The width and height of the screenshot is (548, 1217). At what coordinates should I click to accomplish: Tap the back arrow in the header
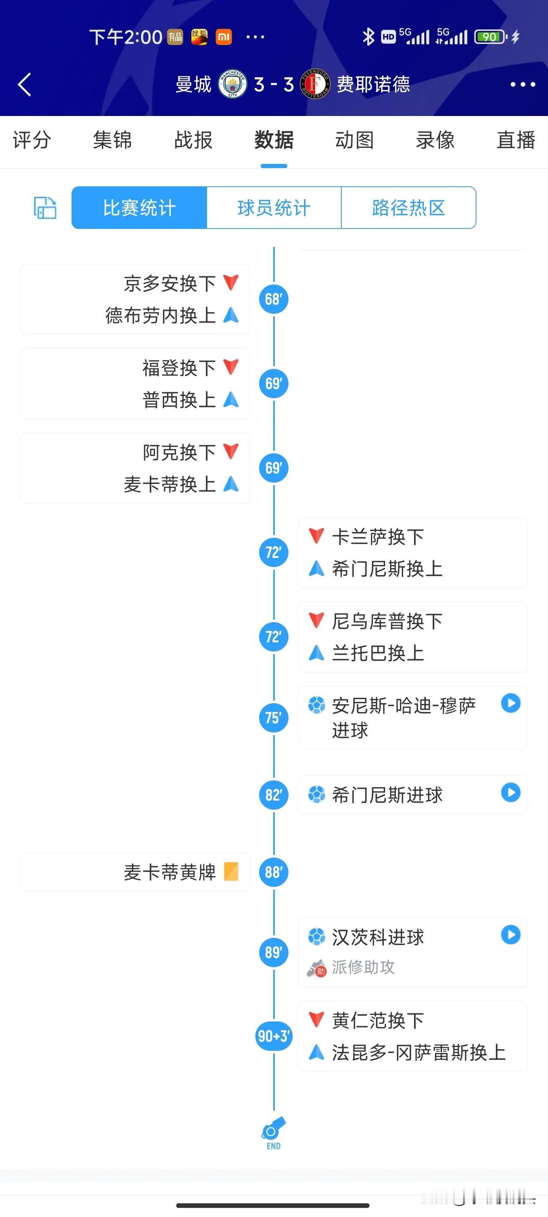[x=24, y=85]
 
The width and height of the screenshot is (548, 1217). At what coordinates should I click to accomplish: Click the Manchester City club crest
[x=232, y=85]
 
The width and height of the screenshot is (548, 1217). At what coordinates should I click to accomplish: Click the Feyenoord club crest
[x=316, y=85]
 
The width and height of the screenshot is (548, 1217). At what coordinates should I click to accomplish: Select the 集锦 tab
[x=113, y=140]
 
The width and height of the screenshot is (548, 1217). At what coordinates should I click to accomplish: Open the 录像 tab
[x=435, y=140]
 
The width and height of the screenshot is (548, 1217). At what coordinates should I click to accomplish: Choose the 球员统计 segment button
[x=274, y=208]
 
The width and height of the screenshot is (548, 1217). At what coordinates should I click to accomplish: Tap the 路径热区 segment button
[x=408, y=208]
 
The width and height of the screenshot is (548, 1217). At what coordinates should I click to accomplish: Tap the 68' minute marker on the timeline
[x=274, y=299]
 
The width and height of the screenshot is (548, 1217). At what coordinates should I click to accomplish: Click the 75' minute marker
[x=274, y=718]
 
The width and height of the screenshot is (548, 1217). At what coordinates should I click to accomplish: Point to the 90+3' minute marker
[x=274, y=1036]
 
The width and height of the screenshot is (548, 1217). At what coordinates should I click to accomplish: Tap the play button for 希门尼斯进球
[x=511, y=792]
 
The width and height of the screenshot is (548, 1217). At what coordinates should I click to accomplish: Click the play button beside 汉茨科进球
[x=511, y=935]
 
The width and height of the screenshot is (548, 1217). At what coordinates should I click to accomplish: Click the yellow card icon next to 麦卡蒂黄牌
[x=231, y=872]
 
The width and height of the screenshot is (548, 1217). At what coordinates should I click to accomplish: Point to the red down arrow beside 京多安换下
[x=231, y=282]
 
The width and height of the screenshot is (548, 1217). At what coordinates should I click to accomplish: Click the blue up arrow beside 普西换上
[x=231, y=400]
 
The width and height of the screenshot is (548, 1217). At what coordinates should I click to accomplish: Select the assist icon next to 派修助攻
[x=317, y=968]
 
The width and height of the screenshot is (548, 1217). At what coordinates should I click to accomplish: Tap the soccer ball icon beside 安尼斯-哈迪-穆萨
[x=317, y=705]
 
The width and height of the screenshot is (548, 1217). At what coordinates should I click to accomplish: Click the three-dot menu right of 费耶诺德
[x=523, y=85]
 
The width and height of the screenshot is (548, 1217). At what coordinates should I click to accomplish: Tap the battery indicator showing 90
[x=491, y=37]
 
